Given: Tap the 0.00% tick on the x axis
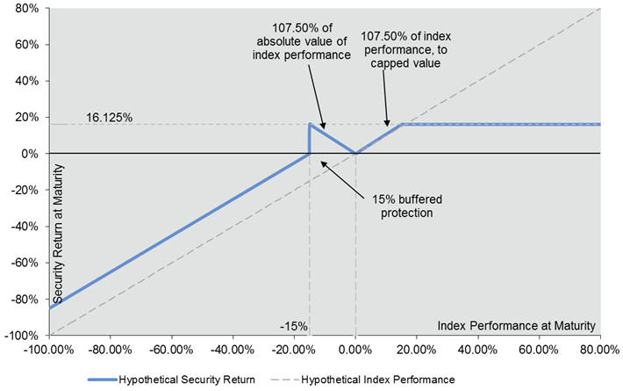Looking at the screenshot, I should click(355, 349).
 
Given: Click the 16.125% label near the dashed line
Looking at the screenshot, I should click(110, 116).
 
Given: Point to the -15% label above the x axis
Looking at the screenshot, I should click(294, 326).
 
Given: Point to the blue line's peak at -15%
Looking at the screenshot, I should click(310, 124).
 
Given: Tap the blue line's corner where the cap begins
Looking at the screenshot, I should click(402, 124).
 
